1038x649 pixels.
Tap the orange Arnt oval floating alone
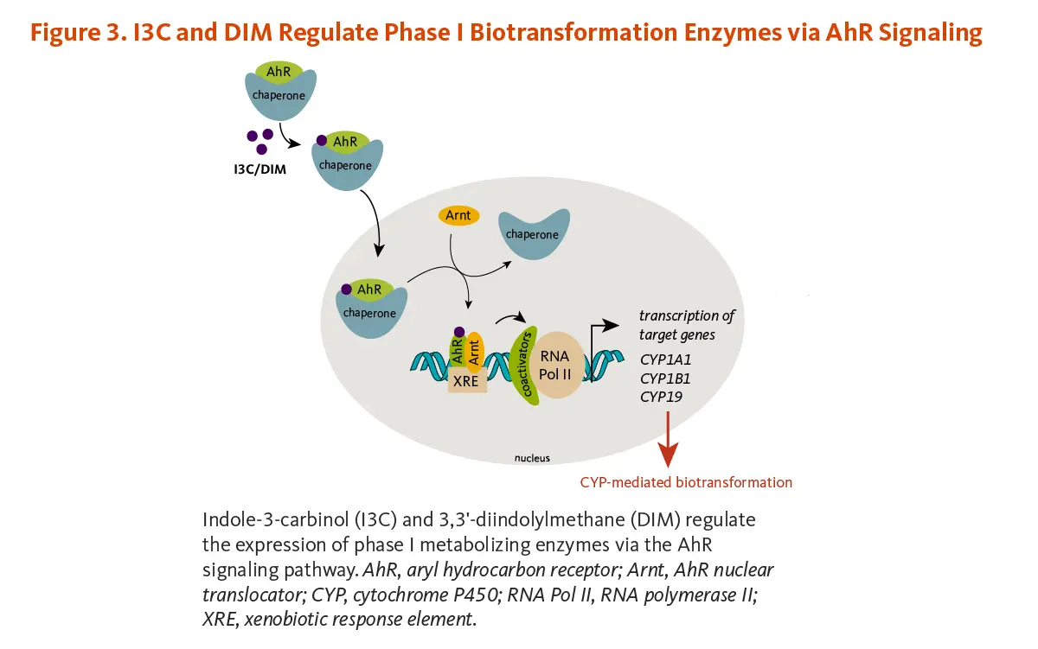[458, 215]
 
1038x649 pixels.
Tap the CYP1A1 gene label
[665, 359]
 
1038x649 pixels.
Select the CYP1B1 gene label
[665, 379]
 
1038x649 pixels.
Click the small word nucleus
[532, 458]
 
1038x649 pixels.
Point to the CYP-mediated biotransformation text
[686, 482]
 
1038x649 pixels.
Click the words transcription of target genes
[686, 325]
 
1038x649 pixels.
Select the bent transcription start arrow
[602, 333]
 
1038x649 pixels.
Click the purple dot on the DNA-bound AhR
[459, 332]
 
